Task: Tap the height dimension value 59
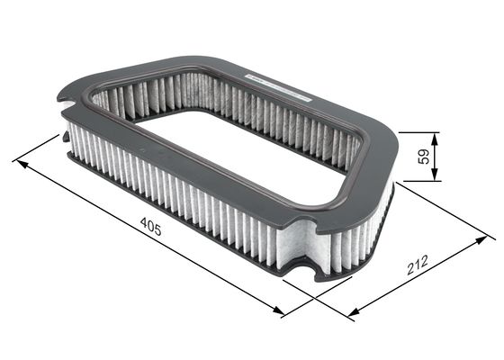tap(422, 156)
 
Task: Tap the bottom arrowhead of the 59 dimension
tap(435, 175)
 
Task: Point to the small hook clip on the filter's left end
tap(66, 138)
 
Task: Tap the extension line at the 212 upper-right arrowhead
tap(450, 211)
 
